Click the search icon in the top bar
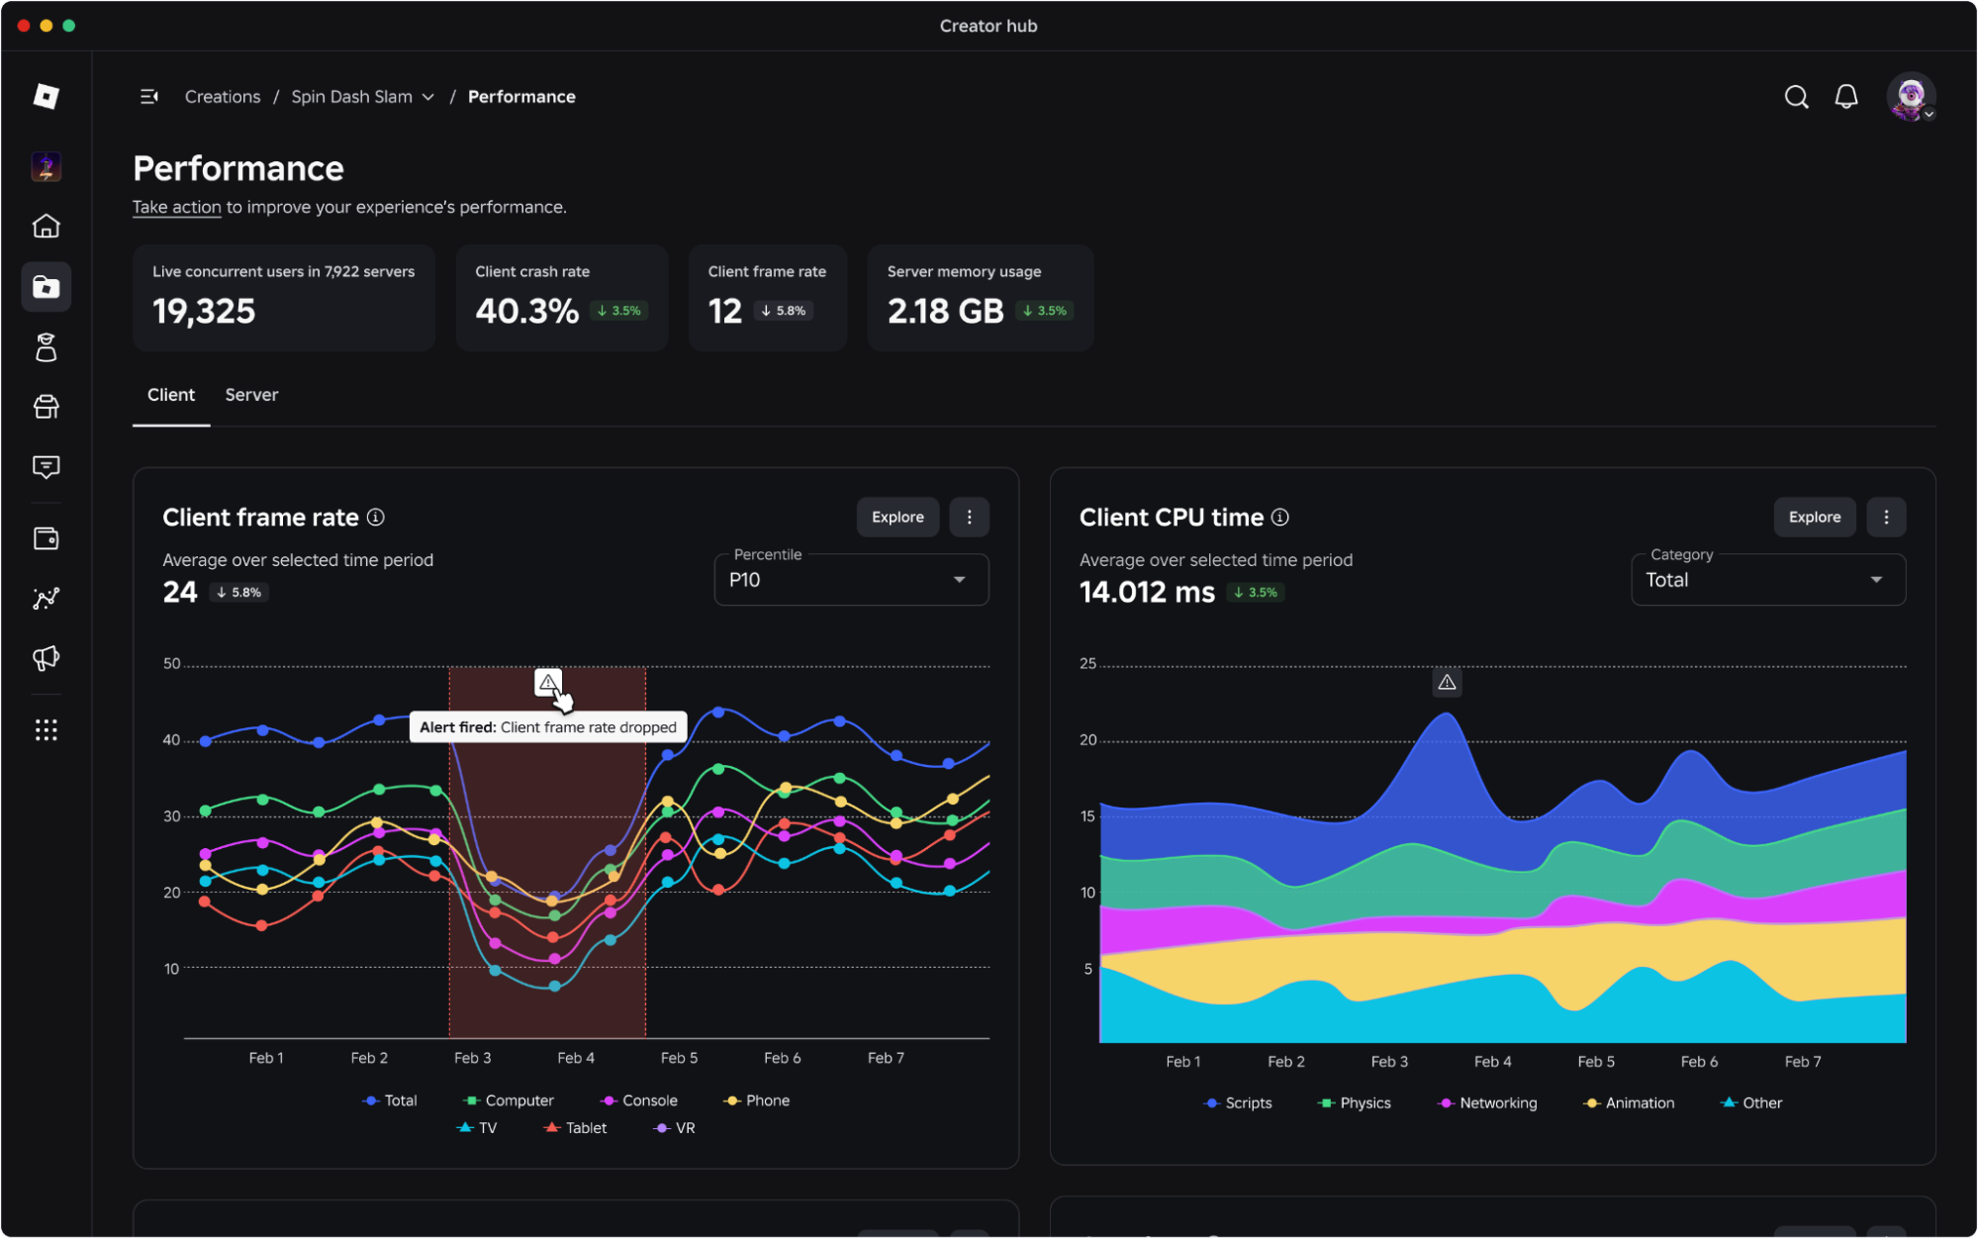click(1796, 97)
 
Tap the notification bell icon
click(1845, 97)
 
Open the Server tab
click(251, 395)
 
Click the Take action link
click(177, 207)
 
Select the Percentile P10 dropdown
click(851, 579)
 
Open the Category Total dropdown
click(1767, 579)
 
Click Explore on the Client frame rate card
click(897, 517)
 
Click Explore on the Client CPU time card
click(1814, 517)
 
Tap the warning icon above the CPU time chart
click(1447, 682)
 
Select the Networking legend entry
click(1487, 1103)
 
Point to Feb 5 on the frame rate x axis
click(679, 1058)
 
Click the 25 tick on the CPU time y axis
click(1087, 664)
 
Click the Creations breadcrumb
click(223, 97)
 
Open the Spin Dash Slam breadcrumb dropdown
click(362, 97)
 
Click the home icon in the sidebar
click(47, 227)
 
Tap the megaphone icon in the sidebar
click(47, 658)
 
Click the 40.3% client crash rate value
click(526, 312)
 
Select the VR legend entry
click(675, 1128)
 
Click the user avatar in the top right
click(1911, 97)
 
